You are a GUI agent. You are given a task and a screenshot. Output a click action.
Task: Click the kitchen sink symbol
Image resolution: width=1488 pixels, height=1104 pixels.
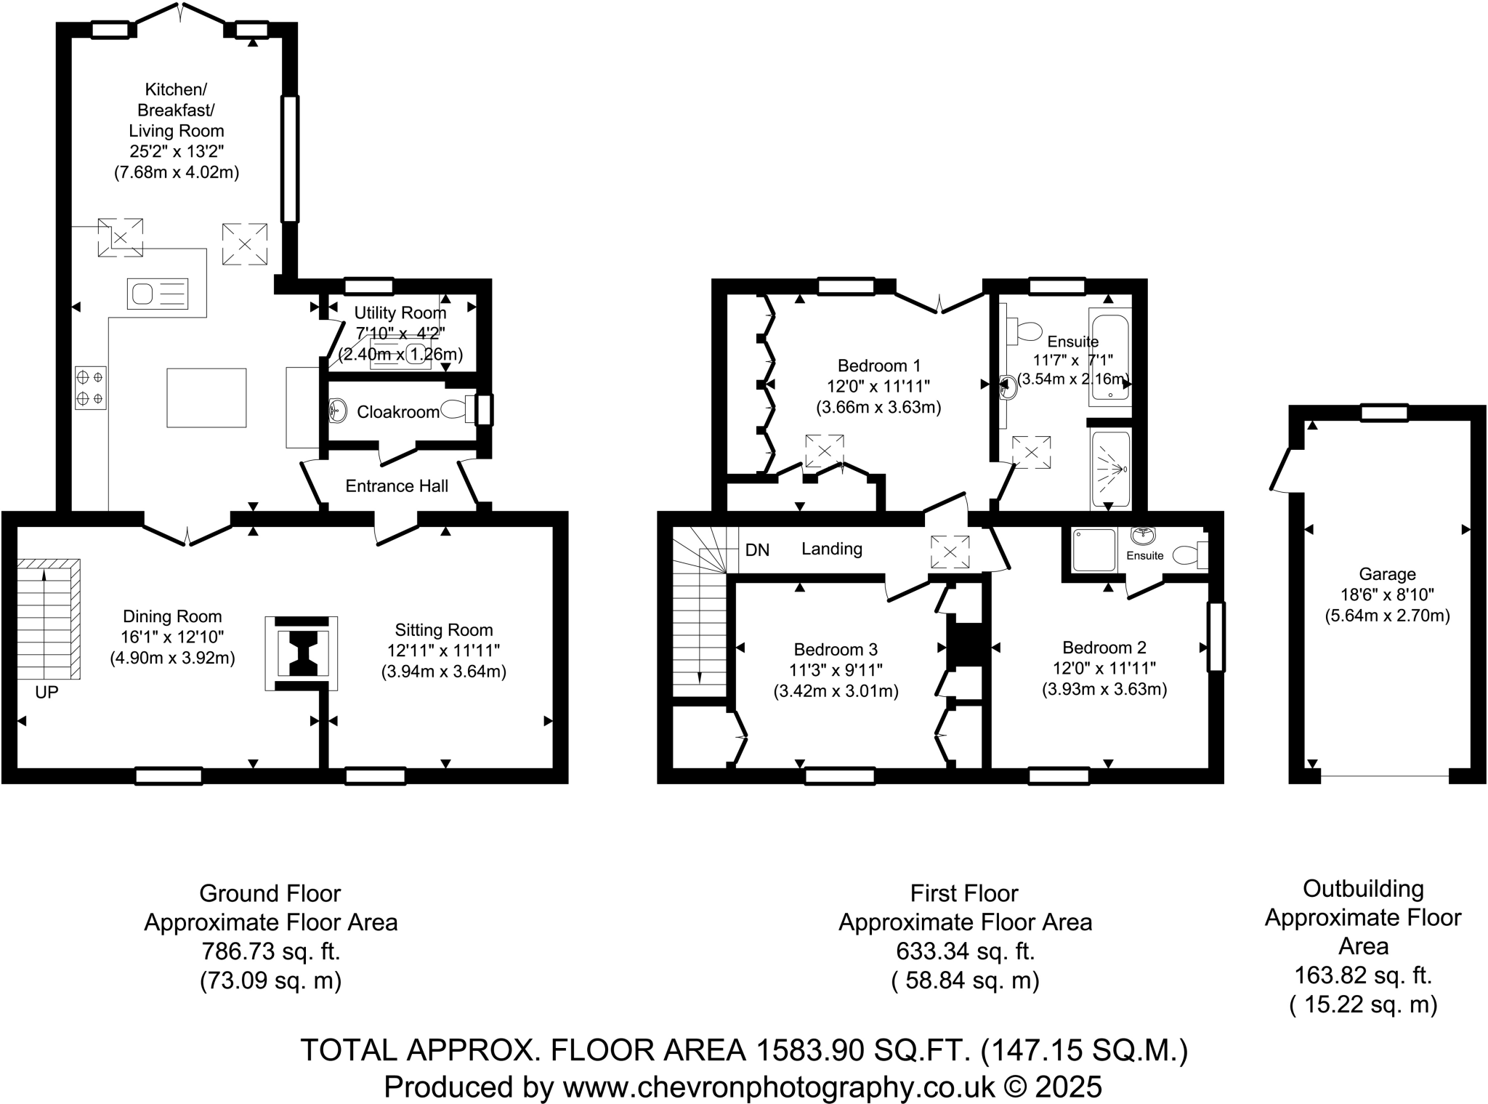coord(158,294)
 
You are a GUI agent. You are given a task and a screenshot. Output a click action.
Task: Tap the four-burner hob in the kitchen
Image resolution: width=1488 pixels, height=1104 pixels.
coord(90,388)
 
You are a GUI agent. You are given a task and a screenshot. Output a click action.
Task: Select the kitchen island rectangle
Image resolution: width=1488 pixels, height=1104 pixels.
coord(206,398)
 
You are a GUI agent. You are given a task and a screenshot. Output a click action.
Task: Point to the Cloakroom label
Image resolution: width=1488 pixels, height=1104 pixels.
coord(397,412)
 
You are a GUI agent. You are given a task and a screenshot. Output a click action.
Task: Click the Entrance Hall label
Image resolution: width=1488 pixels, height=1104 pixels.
coord(397,486)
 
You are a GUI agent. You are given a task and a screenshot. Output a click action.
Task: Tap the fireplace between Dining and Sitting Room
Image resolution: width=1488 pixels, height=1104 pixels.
coord(302,653)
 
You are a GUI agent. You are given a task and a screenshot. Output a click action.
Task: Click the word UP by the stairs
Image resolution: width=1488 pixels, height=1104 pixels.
coord(46,693)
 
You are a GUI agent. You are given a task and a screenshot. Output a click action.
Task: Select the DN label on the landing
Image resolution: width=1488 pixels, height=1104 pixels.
coord(757,550)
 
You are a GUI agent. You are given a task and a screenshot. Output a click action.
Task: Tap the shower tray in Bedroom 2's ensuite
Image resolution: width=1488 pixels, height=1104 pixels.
coord(1094,550)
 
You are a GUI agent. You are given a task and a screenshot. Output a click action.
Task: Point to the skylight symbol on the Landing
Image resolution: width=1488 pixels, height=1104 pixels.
coord(950,552)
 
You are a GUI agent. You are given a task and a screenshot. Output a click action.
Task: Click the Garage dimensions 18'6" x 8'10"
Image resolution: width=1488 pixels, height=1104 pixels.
coord(1387,595)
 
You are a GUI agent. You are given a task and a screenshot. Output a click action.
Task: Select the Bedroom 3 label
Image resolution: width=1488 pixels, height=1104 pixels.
coord(836,649)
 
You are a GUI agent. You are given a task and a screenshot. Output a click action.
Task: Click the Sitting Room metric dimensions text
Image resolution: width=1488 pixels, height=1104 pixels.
coord(443,672)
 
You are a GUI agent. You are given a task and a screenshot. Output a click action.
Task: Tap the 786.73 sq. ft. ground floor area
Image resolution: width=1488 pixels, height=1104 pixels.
coord(270,951)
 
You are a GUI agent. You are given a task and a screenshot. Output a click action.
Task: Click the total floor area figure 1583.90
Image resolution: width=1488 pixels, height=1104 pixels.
coord(810,1050)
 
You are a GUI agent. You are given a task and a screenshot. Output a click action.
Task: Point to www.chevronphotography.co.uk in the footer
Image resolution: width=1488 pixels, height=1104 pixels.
coord(778,1087)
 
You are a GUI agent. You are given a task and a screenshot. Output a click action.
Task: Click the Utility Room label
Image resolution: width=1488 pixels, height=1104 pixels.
coord(400,313)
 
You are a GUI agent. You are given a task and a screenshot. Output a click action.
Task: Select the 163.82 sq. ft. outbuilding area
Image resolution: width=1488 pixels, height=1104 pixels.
coord(1362,975)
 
